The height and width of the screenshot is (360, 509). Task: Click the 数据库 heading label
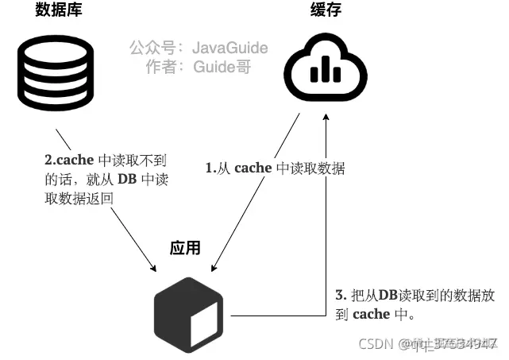click(58, 10)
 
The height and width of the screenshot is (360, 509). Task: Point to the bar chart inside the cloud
click(324, 72)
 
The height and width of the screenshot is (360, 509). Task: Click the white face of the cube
click(205, 320)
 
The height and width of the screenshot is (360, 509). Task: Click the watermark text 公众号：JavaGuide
click(199, 48)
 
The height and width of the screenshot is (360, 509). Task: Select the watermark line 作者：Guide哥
click(199, 67)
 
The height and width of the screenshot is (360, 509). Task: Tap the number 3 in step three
click(339, 295)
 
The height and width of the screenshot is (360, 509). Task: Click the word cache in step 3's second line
click(370, 314)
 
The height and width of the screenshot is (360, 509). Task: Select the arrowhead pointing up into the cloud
click(326, 118)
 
